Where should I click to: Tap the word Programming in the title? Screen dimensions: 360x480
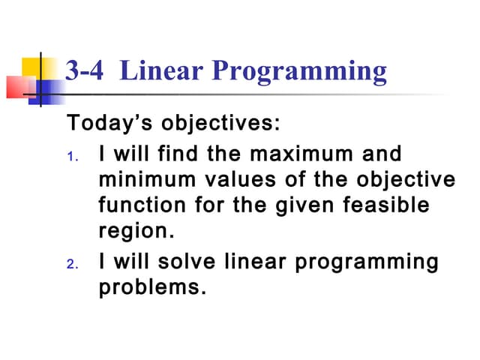pos(299,72)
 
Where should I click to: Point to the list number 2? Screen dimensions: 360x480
pos(72,265)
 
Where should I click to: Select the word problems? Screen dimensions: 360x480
pos(152,287)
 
